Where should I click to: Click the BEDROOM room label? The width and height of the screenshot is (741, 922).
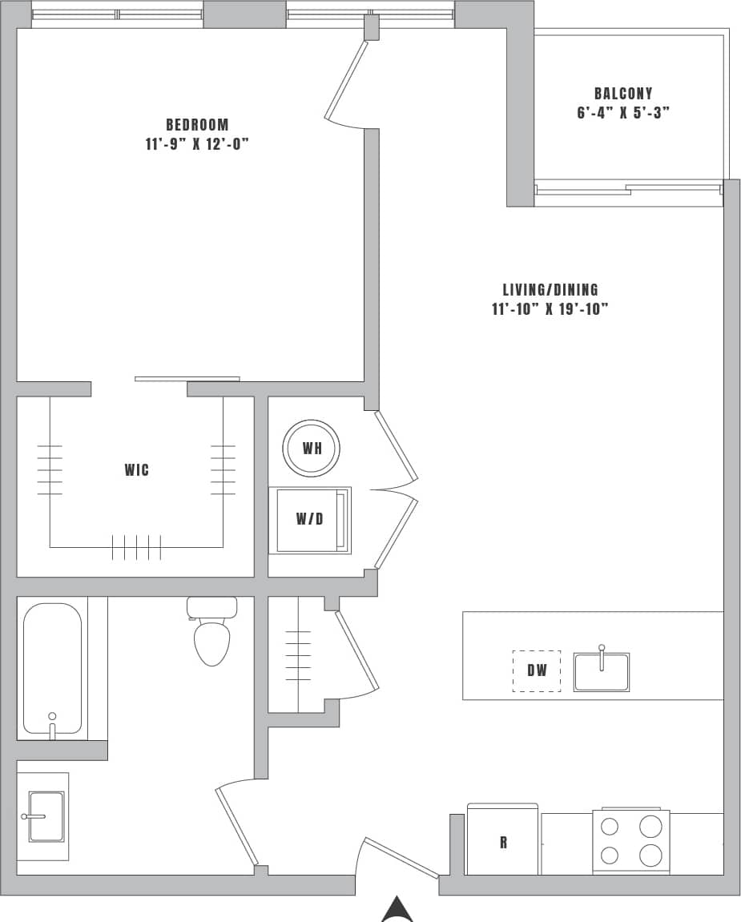[197, 125]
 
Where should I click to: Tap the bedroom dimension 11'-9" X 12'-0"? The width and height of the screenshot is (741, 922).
[197, 145]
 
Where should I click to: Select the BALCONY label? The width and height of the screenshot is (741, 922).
[623, 94]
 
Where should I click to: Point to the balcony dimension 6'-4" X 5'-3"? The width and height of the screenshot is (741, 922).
[623, 113]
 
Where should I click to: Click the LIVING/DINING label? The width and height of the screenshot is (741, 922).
[550, 290]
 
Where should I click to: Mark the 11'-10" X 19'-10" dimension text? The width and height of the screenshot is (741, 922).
[550, 310]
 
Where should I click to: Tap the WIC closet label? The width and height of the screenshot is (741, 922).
[136, 470]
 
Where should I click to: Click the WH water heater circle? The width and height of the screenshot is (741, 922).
[312, 448]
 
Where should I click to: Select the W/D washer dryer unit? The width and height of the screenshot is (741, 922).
[310, 519]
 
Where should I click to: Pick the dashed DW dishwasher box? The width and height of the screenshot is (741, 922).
[537, 670]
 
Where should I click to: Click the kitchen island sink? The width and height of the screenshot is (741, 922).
[602, 671]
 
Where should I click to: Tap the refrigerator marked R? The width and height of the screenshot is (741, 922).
[503, 841]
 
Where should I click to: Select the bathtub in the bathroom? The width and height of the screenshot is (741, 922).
[53, 669]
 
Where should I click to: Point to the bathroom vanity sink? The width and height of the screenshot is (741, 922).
[46, 816]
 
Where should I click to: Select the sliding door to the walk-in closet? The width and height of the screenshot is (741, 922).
[187, 379]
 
